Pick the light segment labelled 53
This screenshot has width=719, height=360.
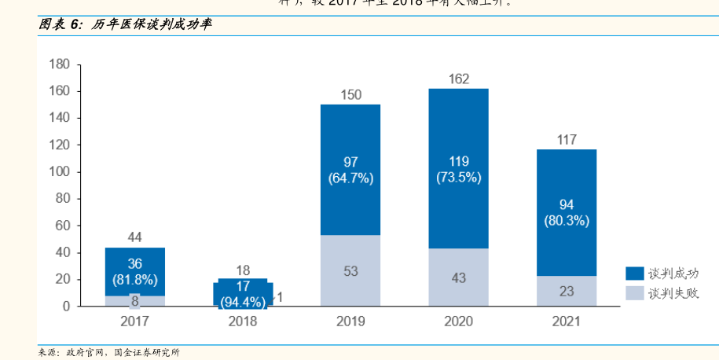[x=350, y=271]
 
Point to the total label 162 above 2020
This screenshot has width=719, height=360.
[x=459, y=79]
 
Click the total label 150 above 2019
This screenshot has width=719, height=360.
[x=350, y=95]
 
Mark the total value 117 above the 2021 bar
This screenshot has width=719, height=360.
[x=567, y=140]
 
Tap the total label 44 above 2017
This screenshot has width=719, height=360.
[x=135, y=237]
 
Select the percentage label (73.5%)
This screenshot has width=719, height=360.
[x=459, y=178]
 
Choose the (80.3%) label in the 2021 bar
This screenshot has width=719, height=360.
[x=567, y=221]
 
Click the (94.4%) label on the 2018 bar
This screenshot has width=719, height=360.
[x=243, y=300]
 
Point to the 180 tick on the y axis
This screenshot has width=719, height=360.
[x=60, y=64]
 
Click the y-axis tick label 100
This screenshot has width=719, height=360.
[x=60, y=171]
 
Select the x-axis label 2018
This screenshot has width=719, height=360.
[x=243, y=321]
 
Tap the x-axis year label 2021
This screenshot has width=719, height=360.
[x=567, y=321]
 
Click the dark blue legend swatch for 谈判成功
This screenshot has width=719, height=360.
[x=636, y=274]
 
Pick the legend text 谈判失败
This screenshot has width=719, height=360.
[x=673, y=293]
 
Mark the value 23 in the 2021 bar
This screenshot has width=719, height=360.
[x=567, y=291]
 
